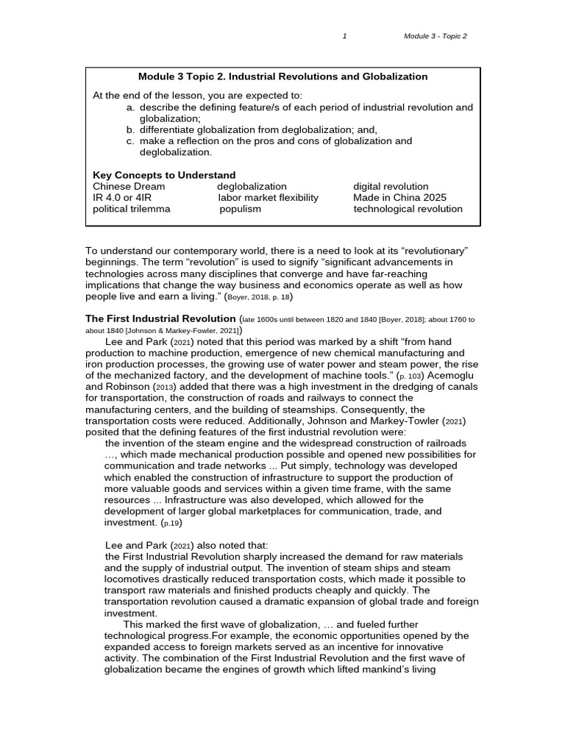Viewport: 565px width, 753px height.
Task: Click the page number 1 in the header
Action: click(344, 37)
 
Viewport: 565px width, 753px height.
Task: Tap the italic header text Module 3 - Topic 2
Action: click(436, 37)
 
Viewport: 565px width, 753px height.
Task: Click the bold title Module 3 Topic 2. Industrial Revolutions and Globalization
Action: click(283, 76)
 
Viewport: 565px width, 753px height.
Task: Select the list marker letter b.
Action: click(130, 129)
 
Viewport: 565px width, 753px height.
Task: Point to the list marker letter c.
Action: click(130, 141)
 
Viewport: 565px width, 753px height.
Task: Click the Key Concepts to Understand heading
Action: click(164, 175)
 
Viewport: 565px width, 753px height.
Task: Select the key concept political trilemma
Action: click(131, 209)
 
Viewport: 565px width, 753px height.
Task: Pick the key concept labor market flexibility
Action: click(268, 198)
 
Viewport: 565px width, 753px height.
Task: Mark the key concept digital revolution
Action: click(391, 187)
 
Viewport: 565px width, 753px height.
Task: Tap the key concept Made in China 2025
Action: click(399, 198)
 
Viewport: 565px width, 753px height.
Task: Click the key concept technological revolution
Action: click(408, 209)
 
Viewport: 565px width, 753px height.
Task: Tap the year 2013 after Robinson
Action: click(164, 388)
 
